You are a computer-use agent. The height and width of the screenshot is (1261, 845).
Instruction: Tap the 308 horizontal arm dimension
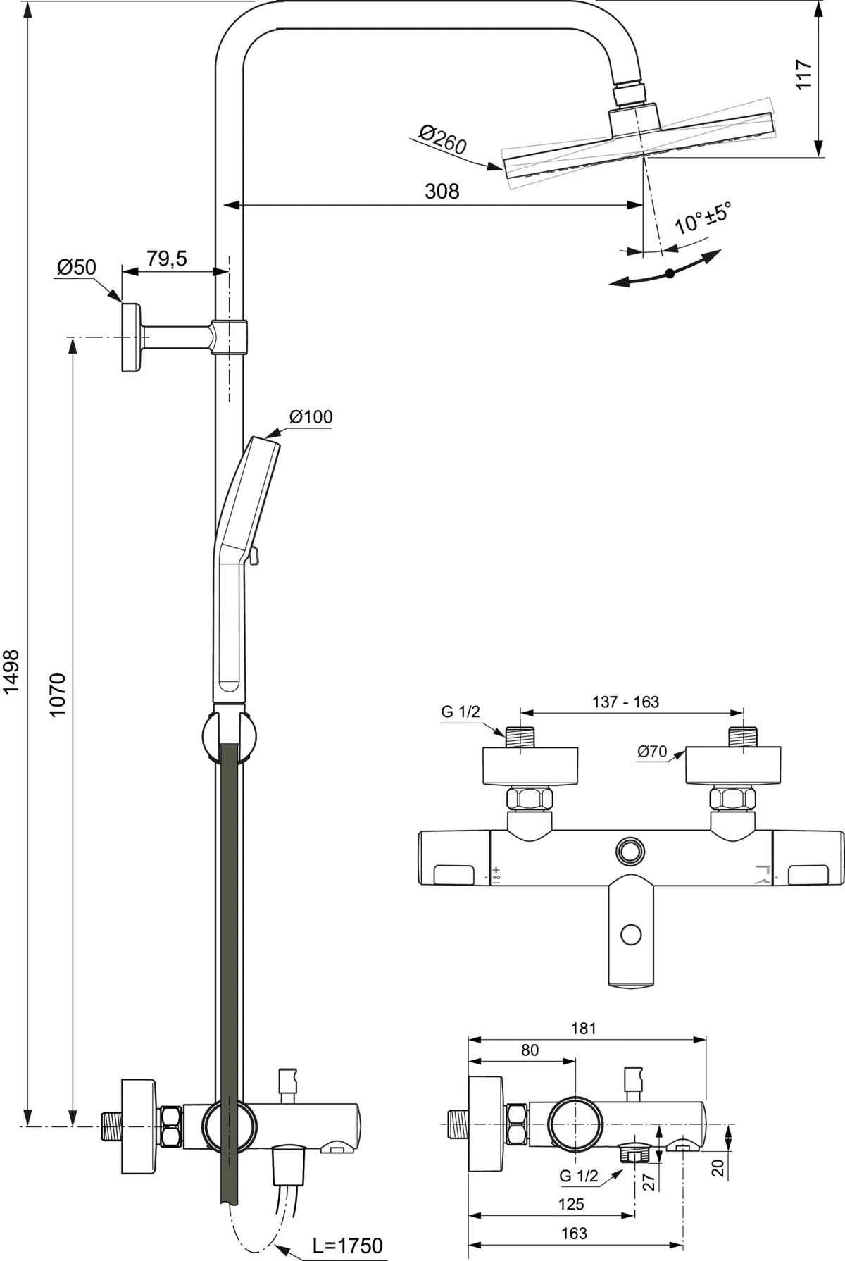(442, 191)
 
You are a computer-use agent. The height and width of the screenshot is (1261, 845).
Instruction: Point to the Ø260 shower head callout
(442, 139)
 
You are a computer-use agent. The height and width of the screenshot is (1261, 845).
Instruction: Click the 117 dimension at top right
(803, 74)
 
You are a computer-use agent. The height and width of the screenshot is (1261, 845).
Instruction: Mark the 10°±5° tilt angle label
(702, 218)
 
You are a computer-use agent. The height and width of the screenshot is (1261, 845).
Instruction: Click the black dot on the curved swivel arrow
(670, 273)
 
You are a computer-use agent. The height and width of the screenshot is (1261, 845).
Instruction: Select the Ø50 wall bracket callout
(76, 267)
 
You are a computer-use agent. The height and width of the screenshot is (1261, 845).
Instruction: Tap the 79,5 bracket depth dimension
(167, 259)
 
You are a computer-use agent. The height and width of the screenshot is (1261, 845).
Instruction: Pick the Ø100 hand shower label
(311, 417)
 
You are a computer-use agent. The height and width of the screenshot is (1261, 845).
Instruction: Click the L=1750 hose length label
(349, 1245)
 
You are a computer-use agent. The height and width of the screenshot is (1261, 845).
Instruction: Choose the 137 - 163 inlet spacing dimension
(625, 702)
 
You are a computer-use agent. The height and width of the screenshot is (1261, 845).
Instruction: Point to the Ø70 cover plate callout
(651, 752)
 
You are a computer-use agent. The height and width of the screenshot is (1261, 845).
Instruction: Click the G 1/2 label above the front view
(461, 712)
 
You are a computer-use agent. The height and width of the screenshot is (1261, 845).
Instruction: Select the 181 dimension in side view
(584, 1028)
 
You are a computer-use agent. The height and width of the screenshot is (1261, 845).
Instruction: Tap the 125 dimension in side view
(570, 1204)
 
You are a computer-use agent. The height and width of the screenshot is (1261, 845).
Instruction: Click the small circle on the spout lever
(632, 935)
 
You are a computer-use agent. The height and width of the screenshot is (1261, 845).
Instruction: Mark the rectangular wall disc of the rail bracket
(130, 337)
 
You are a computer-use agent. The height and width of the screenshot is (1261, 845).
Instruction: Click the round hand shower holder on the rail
(229, 737)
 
